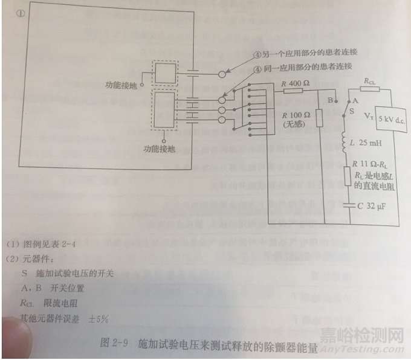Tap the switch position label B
tap(330, 101)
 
